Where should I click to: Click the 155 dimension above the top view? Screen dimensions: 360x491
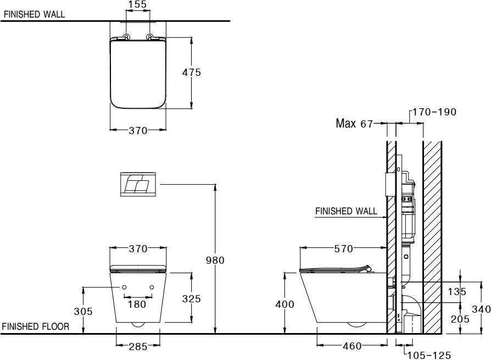137,4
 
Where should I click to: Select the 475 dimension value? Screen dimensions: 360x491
192,72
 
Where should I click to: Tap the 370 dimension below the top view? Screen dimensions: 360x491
138,131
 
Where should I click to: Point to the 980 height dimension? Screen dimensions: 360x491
215,261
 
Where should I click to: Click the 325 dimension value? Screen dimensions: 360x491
192,299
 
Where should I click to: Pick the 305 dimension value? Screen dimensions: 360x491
83,311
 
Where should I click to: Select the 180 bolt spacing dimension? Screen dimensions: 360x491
137,304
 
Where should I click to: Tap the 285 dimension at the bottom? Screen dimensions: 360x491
138,346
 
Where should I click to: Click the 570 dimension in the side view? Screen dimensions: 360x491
344,249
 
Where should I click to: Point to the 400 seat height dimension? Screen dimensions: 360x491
284,304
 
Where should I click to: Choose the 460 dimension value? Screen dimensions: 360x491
351,346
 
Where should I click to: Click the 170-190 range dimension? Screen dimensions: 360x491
434,112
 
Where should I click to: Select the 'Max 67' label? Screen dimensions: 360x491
354,124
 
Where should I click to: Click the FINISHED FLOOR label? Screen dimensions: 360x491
36,326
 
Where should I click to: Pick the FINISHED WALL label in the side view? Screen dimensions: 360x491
346,211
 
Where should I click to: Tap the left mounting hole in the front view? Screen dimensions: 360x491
124,287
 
